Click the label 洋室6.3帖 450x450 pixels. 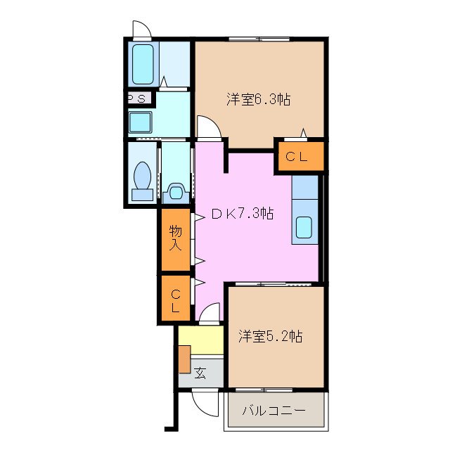tap(258, 100)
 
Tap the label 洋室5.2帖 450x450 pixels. tap(269, 337)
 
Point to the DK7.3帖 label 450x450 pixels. tap(243, 215)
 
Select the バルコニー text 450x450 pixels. tap(274, 411)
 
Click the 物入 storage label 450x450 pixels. tap(175, 238)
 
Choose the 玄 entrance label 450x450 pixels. tap(200, 373)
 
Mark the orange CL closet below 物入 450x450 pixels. tap(174, 298)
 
